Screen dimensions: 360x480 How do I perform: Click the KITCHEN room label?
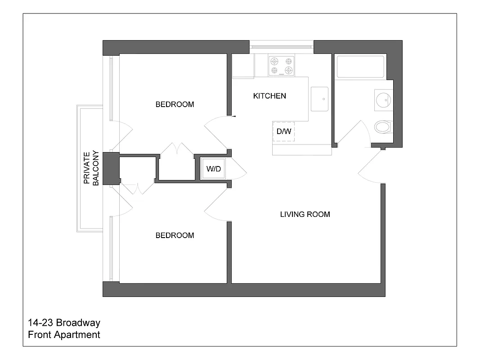(269, 96)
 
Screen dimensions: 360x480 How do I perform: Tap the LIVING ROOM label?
(305, 214)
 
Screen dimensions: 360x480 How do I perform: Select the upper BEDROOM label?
(175, 104)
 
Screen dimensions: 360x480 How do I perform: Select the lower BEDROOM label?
(175, 235)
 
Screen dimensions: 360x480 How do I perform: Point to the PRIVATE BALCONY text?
(92, 168)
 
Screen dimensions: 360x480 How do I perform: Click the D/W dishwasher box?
(283, 132)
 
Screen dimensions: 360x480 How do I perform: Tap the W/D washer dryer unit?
(214, 169)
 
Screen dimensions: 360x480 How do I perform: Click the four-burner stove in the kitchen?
(281, 65)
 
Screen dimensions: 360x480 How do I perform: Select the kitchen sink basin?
(319, 99)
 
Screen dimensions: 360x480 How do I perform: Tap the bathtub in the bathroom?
(360, 66)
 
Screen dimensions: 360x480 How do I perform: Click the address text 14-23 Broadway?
(64, 323)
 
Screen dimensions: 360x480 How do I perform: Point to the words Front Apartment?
(64, 335)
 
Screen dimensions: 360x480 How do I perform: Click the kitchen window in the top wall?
(281, 46)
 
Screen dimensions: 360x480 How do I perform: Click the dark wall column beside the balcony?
(111, 168)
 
